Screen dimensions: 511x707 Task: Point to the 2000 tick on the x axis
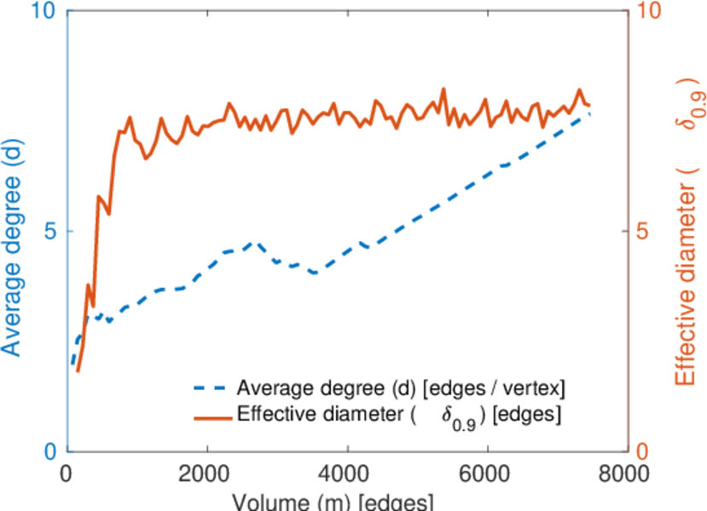pyautogui.click(x=206, y=474)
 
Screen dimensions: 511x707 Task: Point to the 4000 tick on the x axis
pyautogui.click(x=346, y=474)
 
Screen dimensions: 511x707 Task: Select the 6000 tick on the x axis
pyautogui.click(x=487, y=474)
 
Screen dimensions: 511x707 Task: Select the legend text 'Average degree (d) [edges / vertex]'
pyautogui.click(x=402, y=389)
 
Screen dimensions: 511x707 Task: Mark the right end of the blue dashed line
pyautogui.click(x=589, y=113)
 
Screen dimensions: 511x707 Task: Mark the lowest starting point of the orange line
pyautogui.click(x=78, y=371)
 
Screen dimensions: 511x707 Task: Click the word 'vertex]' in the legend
pyautogui.click(x=539, y=389)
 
